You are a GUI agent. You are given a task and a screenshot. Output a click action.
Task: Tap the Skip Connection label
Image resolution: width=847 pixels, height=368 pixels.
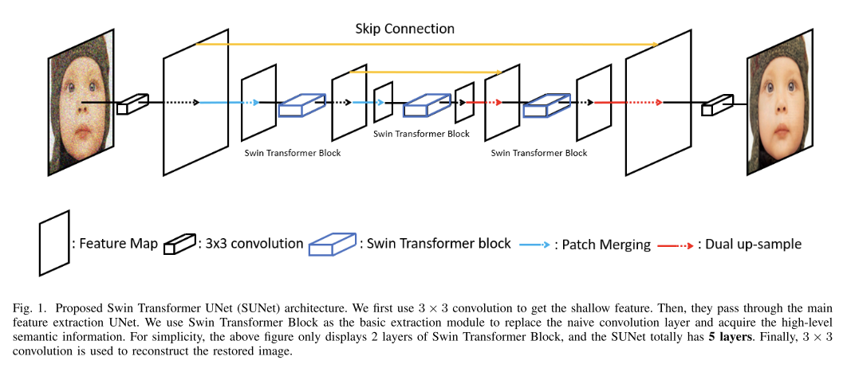pyautogui.click(x=404, y=29)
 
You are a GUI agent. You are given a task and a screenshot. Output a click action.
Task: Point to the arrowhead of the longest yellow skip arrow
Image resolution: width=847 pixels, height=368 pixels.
pyautogui.click(x=654, y=45)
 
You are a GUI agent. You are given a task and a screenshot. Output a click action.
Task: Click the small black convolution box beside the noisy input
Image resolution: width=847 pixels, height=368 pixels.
pyautogui.click(x=132, y=104)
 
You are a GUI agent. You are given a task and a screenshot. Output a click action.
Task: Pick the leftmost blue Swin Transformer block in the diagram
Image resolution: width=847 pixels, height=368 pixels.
pyautogui.click(x=301, y=104)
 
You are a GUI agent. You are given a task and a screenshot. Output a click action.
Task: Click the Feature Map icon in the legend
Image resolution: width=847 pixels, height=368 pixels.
pyautogui.click(x=53, y=243)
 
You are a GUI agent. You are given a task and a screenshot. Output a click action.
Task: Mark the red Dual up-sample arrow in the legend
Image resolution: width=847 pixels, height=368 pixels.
pyautogui.click(x=675, y=245)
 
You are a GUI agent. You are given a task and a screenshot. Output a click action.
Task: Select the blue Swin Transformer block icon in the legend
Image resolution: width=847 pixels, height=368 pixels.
pyautogui.click(x=333, y=243)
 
